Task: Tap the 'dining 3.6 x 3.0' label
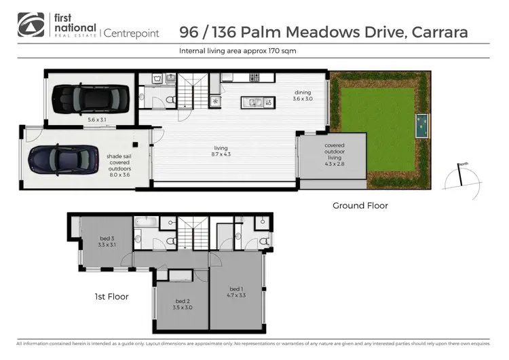click(303, 96)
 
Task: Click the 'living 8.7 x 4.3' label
click(221, 151)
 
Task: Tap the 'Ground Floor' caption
click(360, 205)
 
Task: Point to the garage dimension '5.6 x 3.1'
click(97, 120)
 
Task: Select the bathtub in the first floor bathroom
click(146, 221)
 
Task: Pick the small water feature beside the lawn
click(421, 126)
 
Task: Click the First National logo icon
click(29, 24)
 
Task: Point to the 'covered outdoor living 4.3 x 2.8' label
click(334, 154)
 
